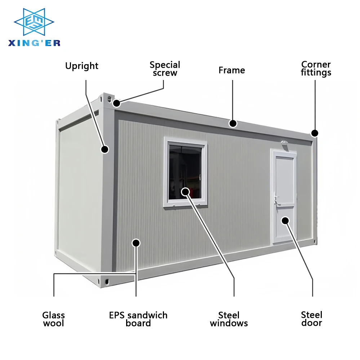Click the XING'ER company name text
[34, 43]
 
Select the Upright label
[82, 66]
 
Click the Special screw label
[165, 69]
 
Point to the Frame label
[232, 70]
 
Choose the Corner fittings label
[316, 68]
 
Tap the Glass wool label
[54, 319]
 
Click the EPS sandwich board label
[138, 319]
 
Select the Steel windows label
[229, 319]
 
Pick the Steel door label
[312, 319]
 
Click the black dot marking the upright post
[105, 149]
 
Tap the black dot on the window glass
[186, 191]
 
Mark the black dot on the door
[285, 220]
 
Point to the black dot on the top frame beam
[233, 124]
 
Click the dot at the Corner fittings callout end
[315, 133]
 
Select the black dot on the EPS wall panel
[136, 243]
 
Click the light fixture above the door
[284, 143]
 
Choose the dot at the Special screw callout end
[116, 103]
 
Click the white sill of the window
[186, 204]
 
